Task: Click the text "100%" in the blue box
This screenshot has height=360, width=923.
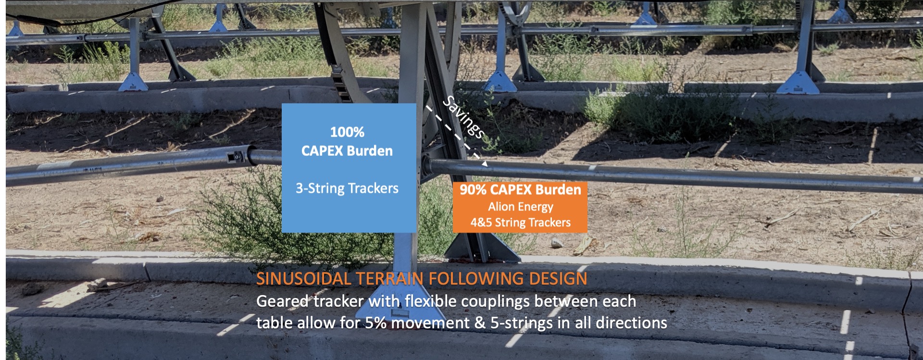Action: point(347,132)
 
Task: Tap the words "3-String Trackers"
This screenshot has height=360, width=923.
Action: point(347,188)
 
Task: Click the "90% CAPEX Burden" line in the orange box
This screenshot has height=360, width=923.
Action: point(520,190)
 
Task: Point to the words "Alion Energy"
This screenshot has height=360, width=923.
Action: point(521,207)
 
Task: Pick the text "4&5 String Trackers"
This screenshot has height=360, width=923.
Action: point(521,223)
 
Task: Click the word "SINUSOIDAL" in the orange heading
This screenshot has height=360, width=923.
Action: point(304,279)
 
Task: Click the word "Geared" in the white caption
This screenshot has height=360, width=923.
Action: point(283,302)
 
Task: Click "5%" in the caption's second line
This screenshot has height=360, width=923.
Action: point(375,323)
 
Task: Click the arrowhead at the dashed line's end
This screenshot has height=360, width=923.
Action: point(485,163)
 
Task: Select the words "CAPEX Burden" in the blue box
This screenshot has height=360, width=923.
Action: point(347,151)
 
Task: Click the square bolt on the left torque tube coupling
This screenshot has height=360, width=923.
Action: point(237,156)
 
